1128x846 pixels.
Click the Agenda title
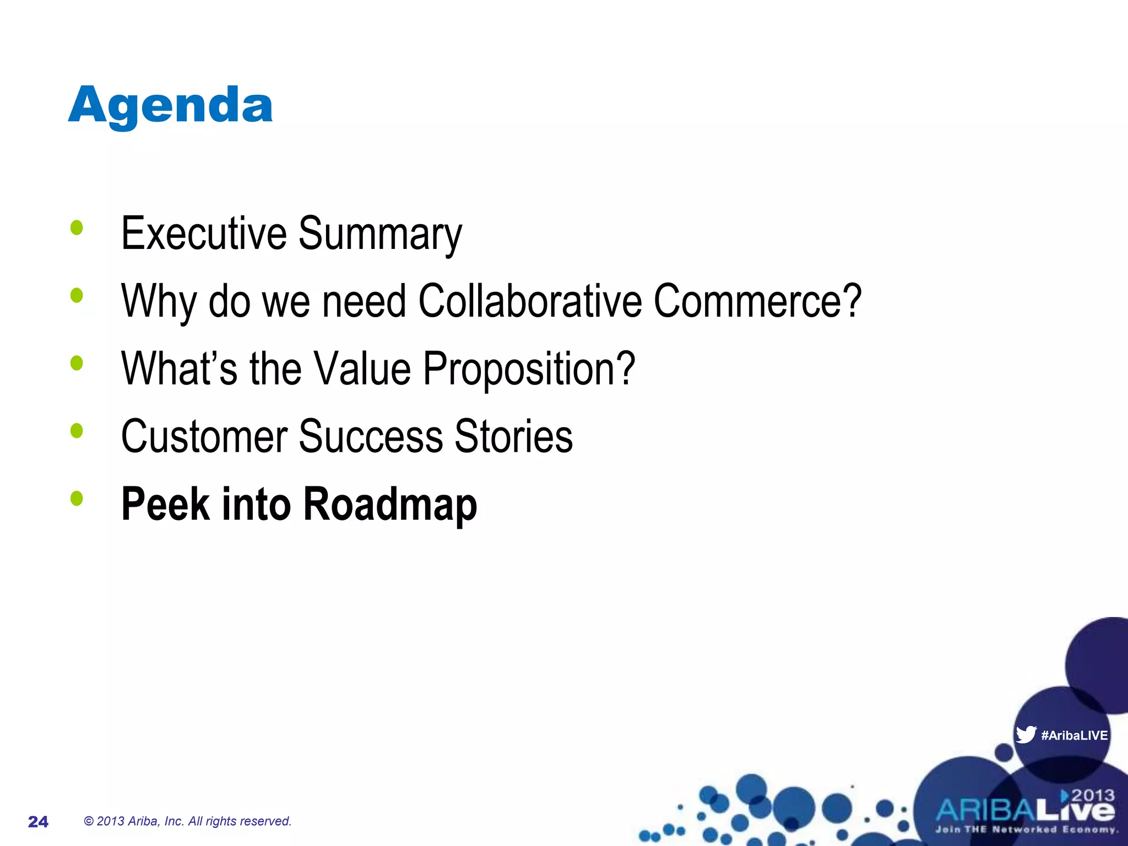pyautogui.click(x=170, y=106)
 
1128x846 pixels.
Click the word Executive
pyautogui.click(x=203, y=234)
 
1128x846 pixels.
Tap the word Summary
pyautogui.click(x=379, y=235)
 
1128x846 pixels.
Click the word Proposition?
pyautogui.click(x=529, y=369)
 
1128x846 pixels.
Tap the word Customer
pyautogui.click(x=204, y=436)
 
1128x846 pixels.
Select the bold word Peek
pyautogui.click(x=165, y=503)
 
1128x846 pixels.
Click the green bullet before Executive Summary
pyautogui.click(x=77, y=227)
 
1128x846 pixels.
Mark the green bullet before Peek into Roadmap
pyautogui.click(x=77, y=498)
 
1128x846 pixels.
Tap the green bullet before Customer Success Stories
pyautogui.click(x=77, y=431)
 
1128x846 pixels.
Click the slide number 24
pyautogui.click(x=38, y=822)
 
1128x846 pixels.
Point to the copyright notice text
pyautogui.click(x=187, y=821)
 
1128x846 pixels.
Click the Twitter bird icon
pyautogui.click(x=1026, y=735)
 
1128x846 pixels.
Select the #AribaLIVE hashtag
pyautogui.click(x=1074, y=735)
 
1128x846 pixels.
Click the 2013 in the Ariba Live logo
pyautogui.click(x=1093, y=795)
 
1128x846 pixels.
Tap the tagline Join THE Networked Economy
pyautogui.click(x=1026, y=829)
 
